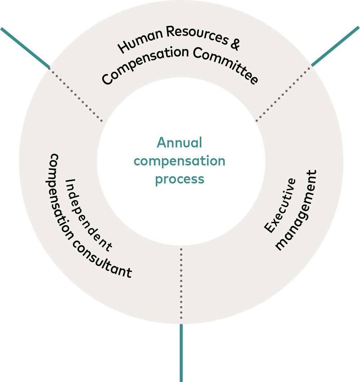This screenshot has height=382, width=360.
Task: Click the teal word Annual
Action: coord(179,143)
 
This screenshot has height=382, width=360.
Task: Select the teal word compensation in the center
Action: coord(179,161)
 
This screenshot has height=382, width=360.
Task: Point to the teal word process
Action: coord(179,179)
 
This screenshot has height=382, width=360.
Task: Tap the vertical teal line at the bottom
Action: coord(181,353)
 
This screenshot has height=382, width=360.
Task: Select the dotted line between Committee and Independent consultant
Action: coord(76,94)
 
